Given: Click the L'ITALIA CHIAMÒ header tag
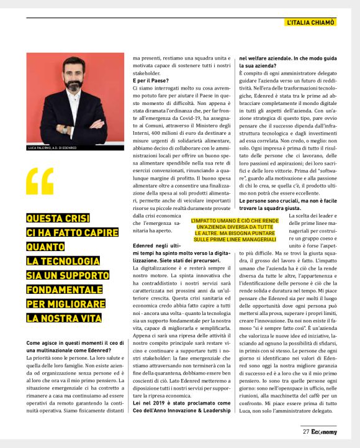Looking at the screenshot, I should [311, 23].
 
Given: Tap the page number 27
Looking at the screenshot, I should [306, 431].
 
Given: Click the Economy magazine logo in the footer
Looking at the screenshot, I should [324, 431].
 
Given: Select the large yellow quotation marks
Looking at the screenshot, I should [40, 182].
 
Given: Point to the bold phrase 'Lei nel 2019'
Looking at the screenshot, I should [153, 403].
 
